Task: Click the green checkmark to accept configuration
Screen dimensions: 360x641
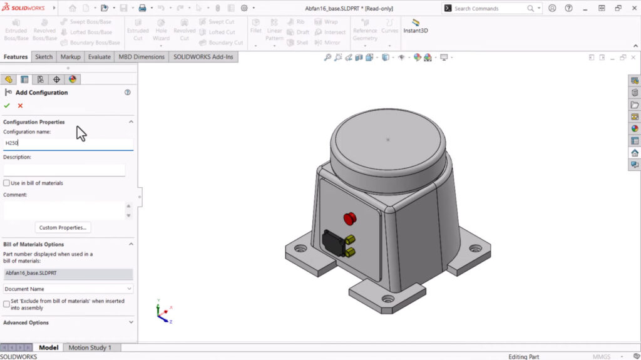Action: click(x=7, y=106)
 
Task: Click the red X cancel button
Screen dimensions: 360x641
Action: click(x=20, y=106)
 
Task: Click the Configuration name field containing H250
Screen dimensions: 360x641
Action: click(x=68, y=143)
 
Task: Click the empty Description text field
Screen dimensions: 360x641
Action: click(x=64, y=170)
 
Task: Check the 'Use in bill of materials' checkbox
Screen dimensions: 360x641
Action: click(x=7, y=183)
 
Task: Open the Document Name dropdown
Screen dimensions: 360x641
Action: click(x=68, y=289)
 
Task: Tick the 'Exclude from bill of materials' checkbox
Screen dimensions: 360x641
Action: click(x=7, y=304)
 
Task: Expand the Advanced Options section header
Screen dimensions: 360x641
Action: click(x=68, y=322)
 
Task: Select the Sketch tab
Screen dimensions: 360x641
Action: click(x=44, y=57)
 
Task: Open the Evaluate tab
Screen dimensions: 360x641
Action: click(x=99, y=57)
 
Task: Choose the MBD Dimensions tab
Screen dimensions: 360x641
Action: click(x=141, y=57)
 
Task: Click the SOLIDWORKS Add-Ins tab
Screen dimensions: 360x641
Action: click(x=203, y=57)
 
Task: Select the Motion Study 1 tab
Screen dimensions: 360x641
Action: click(x=90, y=347)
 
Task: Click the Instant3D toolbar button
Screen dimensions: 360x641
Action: click(x=416, y=26)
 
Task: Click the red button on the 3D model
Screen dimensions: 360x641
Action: click(x=349, y=219)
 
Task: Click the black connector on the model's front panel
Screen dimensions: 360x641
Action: click(x=332, y=243)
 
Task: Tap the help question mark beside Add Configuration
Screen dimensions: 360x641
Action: click(x=128, y=92)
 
